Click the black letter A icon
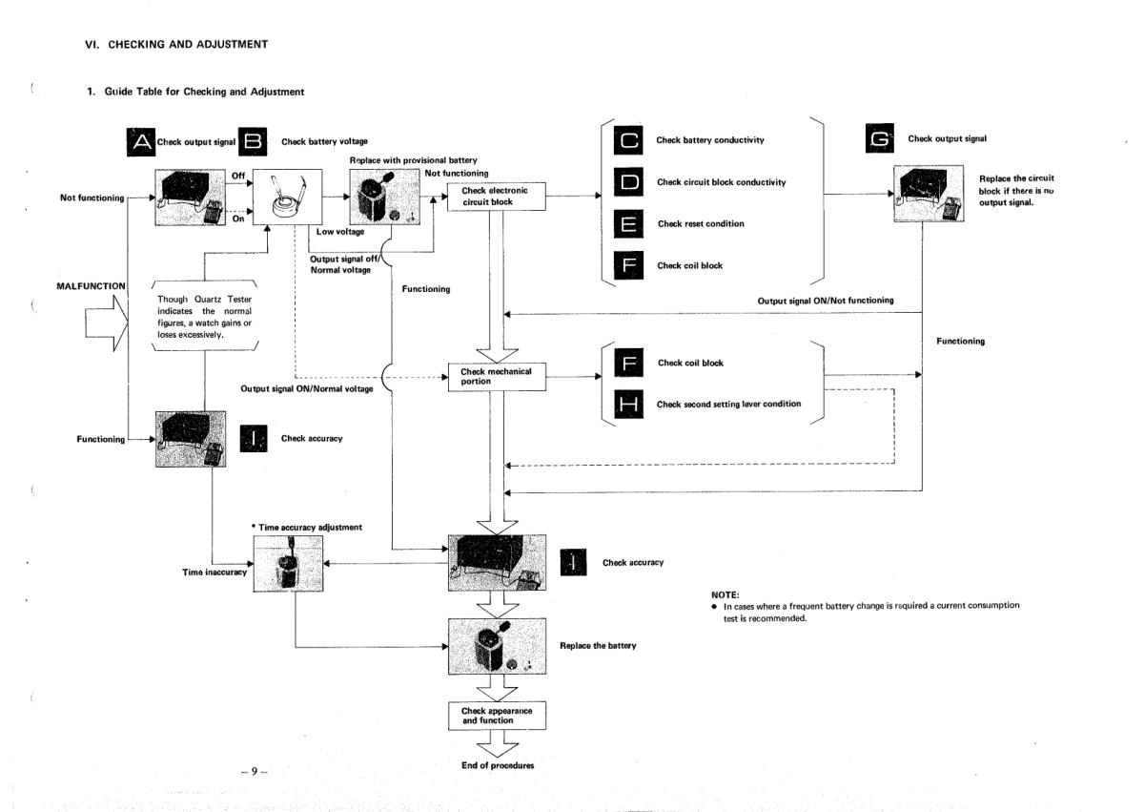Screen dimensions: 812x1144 (141, 141)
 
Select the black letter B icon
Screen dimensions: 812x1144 (254, 141)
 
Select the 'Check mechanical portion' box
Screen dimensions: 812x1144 (496, 377)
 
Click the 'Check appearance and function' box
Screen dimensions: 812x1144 (495, 716)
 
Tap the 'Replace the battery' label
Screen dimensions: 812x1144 (598, 646)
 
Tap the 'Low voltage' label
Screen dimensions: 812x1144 (336, 232)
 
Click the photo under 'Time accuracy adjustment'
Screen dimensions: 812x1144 (290, 563)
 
